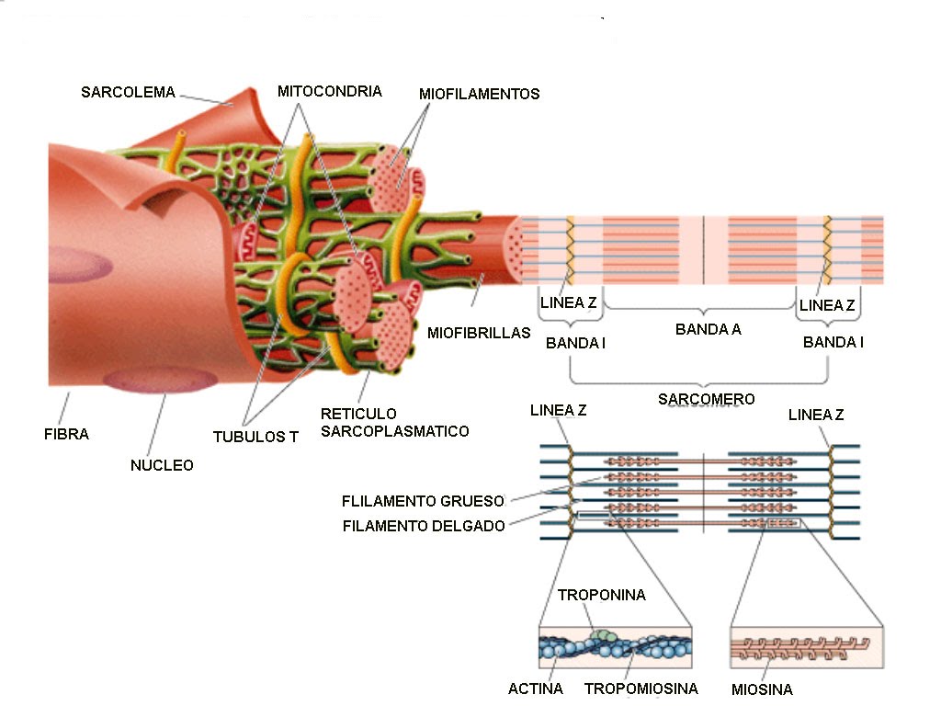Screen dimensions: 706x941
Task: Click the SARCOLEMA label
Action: coord(128,92)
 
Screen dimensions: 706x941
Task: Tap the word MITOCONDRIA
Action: coord(329,91)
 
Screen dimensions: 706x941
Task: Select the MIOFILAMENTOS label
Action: coord(479,94)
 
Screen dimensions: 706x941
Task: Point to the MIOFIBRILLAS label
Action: coord(479,333)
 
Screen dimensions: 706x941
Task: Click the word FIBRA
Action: coord(66,434)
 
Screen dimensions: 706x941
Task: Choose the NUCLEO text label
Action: coord(162,465)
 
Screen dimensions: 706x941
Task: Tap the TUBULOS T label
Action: coord(255,438)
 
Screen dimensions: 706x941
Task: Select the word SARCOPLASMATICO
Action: coord(394,431)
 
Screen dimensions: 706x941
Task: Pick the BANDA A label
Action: coord(708,329)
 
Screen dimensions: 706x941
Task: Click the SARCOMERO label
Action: coord(706,399)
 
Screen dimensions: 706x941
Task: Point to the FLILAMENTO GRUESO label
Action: coord(423,502)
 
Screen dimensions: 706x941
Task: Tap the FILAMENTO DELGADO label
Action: coord(424,527)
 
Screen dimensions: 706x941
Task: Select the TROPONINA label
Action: coord(602,595)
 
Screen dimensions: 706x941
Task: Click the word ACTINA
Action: coord(536,689)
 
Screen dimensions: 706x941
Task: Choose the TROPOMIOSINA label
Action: coord(641,689)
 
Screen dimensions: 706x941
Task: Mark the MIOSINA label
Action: coord(762,689)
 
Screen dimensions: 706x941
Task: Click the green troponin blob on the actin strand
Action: coord(600,633)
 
